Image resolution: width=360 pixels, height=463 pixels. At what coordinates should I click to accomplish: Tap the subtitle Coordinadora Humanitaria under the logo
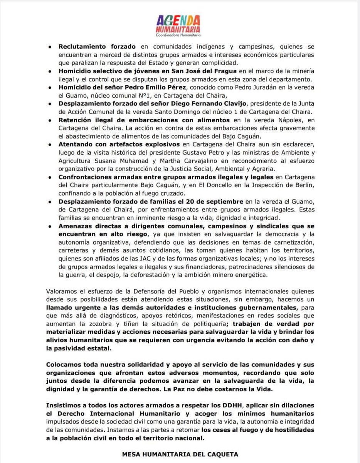tap(180, 36)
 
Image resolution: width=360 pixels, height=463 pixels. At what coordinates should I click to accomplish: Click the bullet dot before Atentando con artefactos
tap(51, 145)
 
